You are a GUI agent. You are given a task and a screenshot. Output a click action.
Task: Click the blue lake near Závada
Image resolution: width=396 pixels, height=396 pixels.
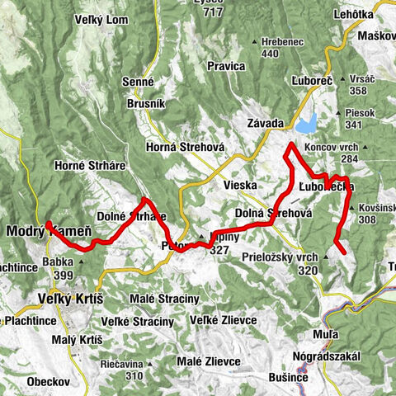tap(305, 125)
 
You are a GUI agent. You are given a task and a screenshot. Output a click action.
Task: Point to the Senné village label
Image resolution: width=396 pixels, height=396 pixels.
tap(137, 82)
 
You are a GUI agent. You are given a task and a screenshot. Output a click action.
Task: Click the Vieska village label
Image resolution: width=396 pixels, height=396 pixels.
tap(240, 186)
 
